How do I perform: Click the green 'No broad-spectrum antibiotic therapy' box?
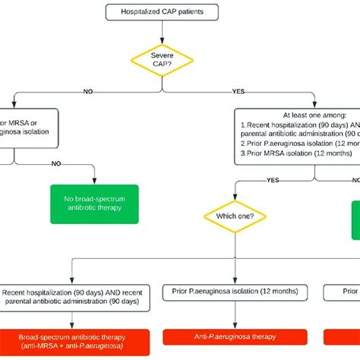[x=95, y=204]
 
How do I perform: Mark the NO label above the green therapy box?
[x=55, y=163]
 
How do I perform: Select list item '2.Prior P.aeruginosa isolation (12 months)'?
[x=297, y=142]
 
